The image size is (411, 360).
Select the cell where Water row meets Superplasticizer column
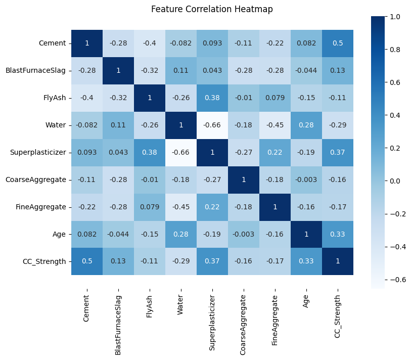[x=212, y=125]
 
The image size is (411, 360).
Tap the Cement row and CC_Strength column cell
[x=338, y=43]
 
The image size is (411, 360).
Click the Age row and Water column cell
[x=181, y=234]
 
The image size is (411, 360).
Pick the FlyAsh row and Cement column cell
[x=87, y=98]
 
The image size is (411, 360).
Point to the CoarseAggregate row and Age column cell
[x=306, y=179]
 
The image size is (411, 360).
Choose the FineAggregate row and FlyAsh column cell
[x=150, y=207]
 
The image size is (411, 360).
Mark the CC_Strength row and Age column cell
[x=306, y=261]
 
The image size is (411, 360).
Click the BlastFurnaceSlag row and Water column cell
[x=181, y=70]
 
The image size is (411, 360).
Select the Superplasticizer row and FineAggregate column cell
[x=275, y=152]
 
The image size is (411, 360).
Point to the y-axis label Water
[x=56, y=125]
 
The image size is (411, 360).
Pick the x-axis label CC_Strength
[x=338, y=308]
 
